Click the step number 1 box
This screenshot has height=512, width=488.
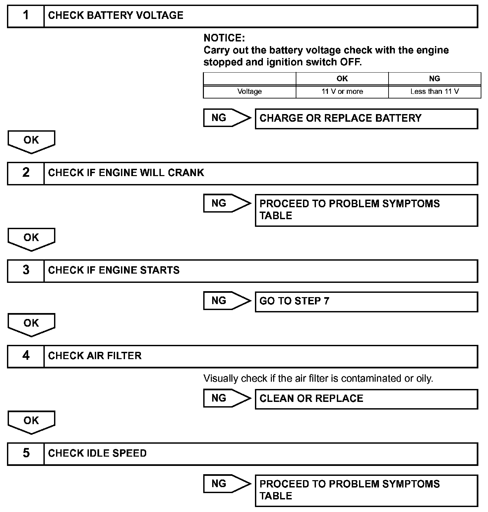(x=26, y=16)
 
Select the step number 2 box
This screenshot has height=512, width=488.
(x=26, y=173)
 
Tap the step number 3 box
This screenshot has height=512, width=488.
(x=26, y=270)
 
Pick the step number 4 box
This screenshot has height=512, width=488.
(x=26, y=356)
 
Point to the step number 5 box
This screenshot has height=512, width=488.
(x=26, y=453)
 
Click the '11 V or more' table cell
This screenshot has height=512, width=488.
(x=342, y=92)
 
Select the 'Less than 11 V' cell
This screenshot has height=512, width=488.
(x=434, y=92)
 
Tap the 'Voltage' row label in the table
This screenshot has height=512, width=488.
(x=249, y=92)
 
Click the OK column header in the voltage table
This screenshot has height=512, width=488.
(x=342, y=79)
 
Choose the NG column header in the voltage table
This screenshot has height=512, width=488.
(x=434, y=79)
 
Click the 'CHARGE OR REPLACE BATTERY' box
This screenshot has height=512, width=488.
(x=366, y=118)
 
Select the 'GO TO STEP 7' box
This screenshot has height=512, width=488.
(x=366, y=301)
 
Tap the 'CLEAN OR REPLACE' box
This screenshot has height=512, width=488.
(x=366, y=399)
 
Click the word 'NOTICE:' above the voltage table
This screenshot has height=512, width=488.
(x=224, y=38)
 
